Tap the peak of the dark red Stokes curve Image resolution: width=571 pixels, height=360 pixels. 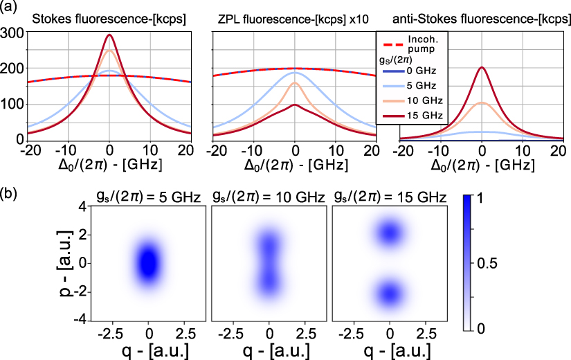[109, 35]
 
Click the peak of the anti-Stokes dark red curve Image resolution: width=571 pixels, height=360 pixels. [481, 67]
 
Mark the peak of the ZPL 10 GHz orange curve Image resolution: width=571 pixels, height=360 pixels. [295, 83]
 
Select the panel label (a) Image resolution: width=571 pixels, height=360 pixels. [8, 7]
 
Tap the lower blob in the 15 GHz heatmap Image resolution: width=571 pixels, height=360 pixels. [390, 292]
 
